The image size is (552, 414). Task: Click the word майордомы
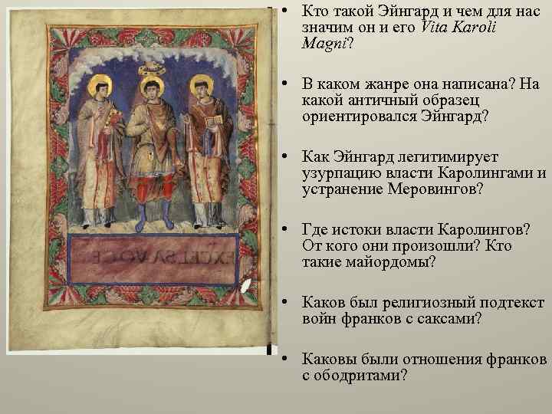(x=390, y=262)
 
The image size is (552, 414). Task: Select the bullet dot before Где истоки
(x=284, y=230)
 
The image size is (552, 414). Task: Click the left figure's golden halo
(x=97, y=84)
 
